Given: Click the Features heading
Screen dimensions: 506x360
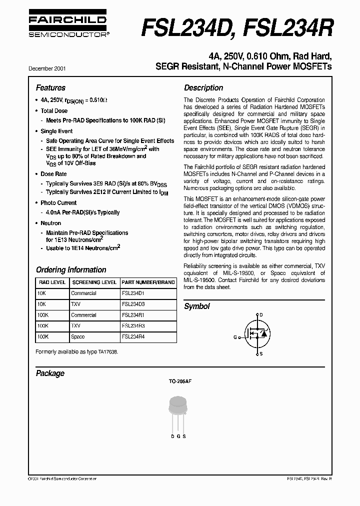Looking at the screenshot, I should tap(50, 87).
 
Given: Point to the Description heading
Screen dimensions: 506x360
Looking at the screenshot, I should tap(203, 87).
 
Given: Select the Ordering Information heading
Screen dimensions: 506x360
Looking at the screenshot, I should tap(71, 269).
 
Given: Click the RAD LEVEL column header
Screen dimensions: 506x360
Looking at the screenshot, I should tap(52, 282).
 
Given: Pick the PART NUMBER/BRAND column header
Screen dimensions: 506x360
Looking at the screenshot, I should tap(148, 282).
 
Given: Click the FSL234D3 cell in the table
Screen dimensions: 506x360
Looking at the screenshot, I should tap(133, 304).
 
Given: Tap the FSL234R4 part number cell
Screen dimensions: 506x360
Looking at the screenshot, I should tap(133, 337).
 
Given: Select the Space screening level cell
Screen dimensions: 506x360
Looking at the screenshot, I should tap(78, 337).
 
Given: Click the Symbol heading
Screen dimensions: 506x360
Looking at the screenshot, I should tap(197, 306).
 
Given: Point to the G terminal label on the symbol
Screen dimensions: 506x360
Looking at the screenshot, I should tap(234, 337).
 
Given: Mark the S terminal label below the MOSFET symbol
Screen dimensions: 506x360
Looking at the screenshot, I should tap(260, 354).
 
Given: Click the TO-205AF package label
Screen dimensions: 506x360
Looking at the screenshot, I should tap(180, 381).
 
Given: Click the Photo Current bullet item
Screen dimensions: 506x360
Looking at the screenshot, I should tap(58, 203).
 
